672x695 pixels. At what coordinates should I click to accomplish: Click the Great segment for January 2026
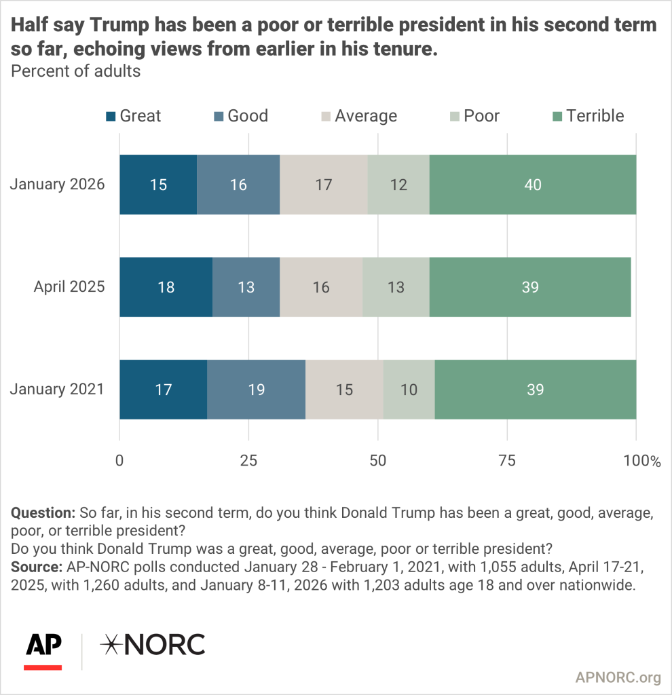tap(158, 185)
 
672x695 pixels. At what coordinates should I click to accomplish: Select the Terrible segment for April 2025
tap(530, 287)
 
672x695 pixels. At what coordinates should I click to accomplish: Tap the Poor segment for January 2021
tap(409, 390)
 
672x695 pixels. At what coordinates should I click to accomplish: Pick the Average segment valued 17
tap(324, 185)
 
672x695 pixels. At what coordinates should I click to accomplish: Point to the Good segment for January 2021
tap(256, 390)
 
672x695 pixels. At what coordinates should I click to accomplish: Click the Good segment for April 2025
tap(246, 287)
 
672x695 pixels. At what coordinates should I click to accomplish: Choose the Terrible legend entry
tap(586, 116)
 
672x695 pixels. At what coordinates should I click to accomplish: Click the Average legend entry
tap(357, 116)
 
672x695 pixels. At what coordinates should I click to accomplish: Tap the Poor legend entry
tap(472, 116)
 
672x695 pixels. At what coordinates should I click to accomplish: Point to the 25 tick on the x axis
tap(248, 461)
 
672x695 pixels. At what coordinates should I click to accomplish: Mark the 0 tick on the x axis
tap(119, 461)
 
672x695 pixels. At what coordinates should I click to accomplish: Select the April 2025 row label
tap(69, 287)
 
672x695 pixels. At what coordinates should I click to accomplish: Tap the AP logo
tap(43, 645)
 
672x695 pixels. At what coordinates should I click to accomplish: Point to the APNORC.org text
tap(618, 677)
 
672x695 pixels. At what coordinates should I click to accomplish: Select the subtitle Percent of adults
tap(76, 71)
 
